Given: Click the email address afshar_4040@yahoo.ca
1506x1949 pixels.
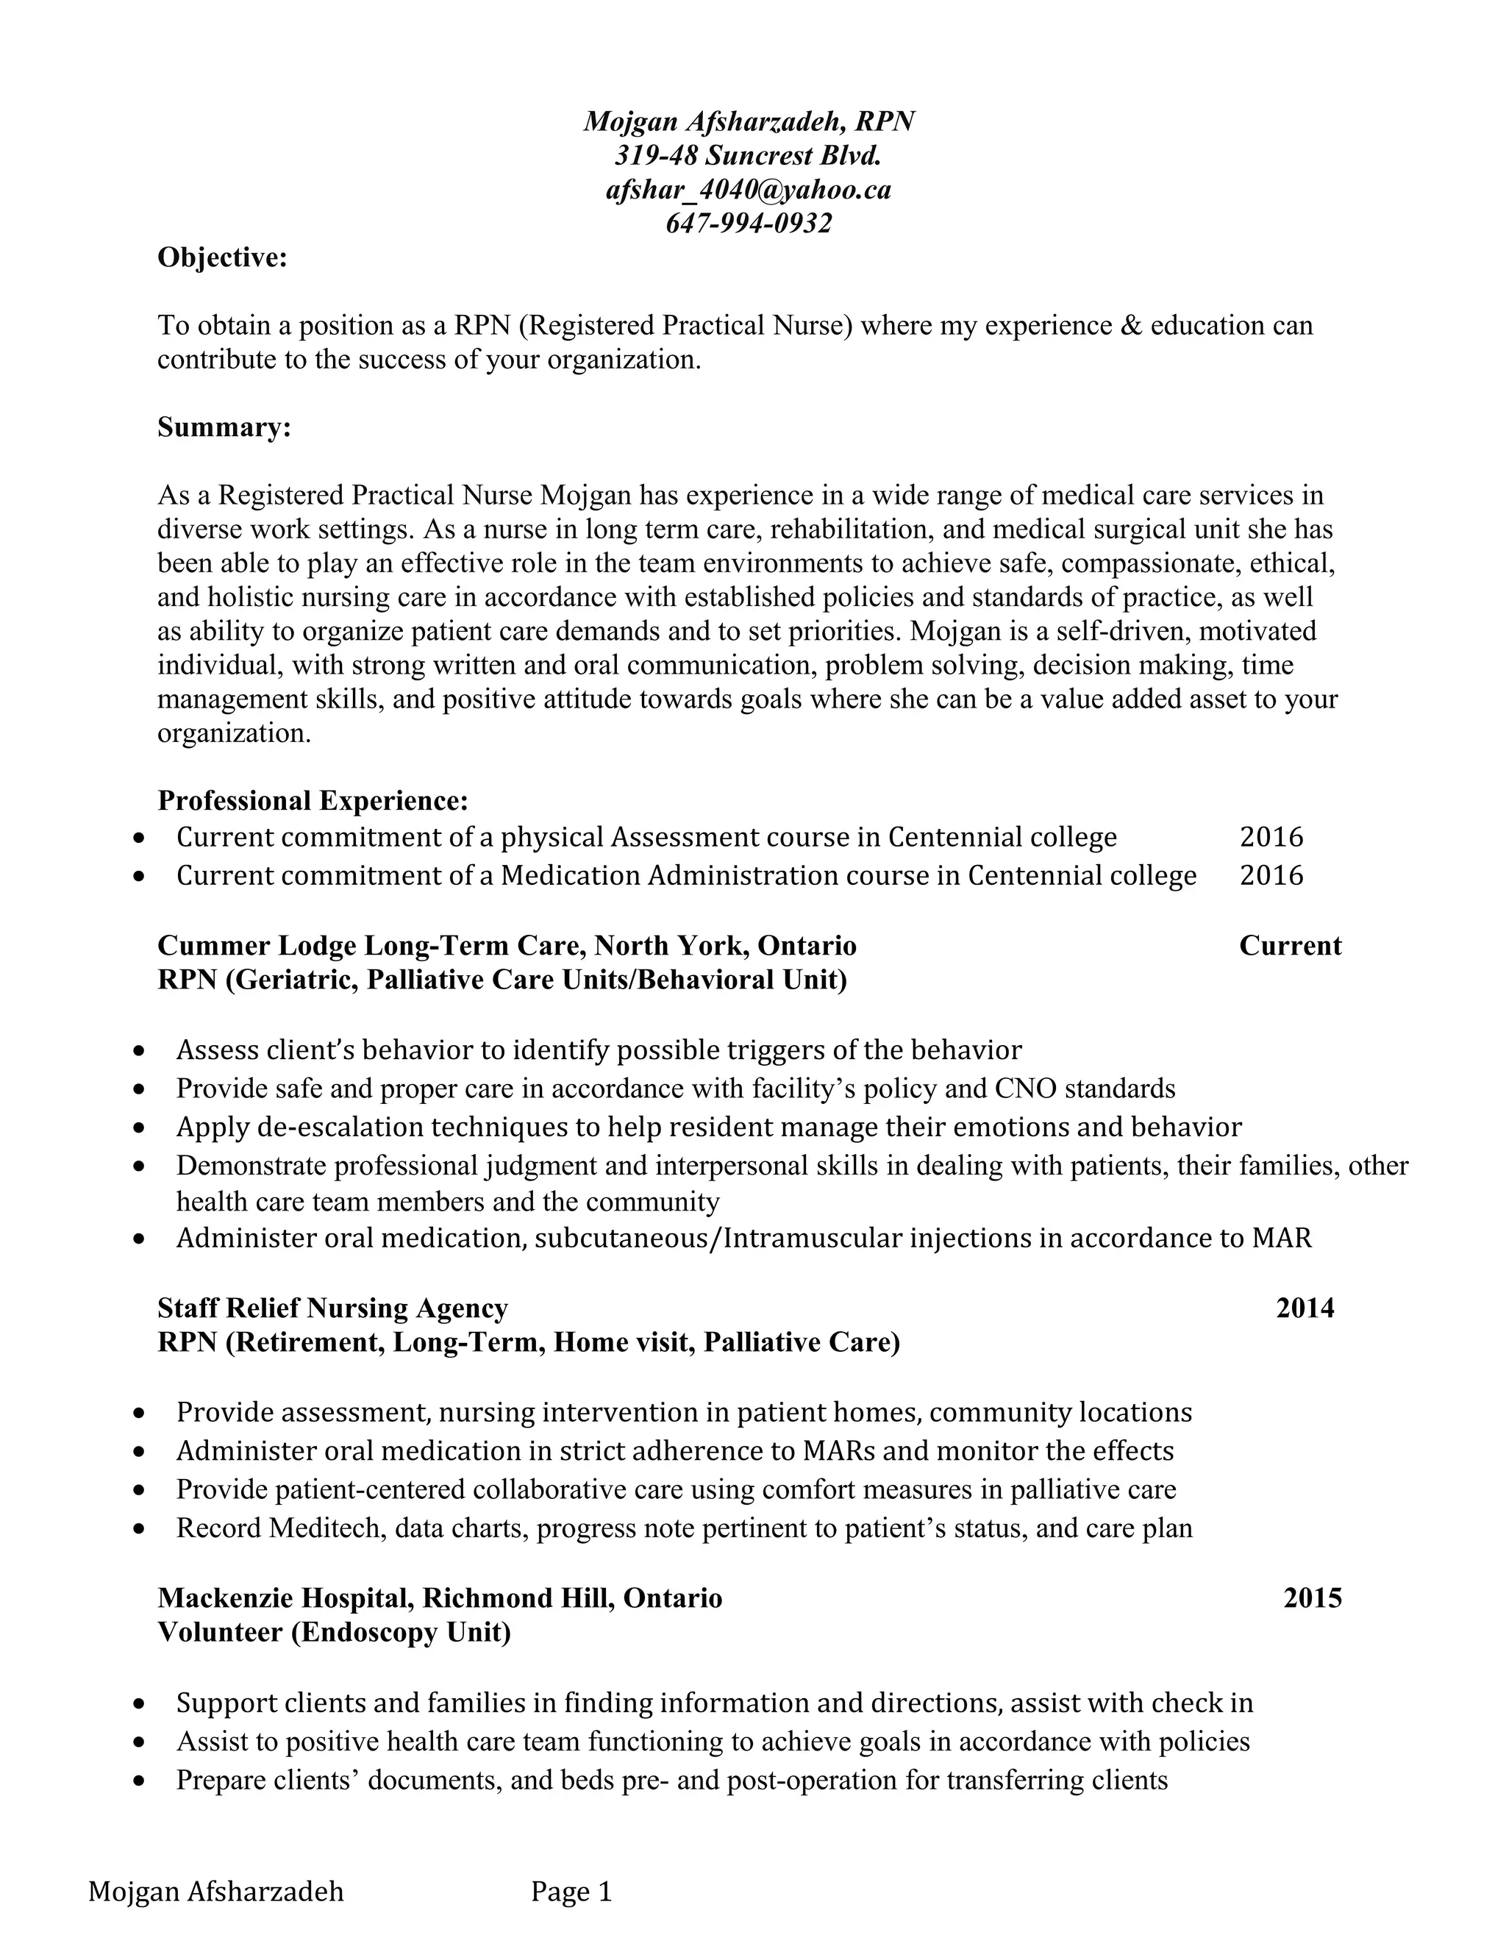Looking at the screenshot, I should coord(749,189).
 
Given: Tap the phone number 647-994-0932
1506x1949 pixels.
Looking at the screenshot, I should coord(749,223).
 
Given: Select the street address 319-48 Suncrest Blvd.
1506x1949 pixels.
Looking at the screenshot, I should coord(749,155).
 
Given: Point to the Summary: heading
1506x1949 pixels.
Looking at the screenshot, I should coord(224,427).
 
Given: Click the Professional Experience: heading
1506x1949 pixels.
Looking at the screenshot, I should coord(313,800).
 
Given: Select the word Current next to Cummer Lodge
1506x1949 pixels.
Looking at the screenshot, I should coord(1289,945).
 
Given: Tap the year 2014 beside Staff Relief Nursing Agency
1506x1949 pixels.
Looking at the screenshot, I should coord(1305,1308).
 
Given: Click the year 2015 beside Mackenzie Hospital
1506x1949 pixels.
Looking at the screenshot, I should coord(1312,1597).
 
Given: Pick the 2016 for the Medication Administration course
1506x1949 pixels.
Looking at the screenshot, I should coord(1271,874).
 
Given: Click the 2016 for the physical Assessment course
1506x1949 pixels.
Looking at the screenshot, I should coord(1271,837).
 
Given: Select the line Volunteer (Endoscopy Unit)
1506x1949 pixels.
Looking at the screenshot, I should coord(334,1632).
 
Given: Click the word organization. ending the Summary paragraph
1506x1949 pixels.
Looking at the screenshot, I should coord(234,733).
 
